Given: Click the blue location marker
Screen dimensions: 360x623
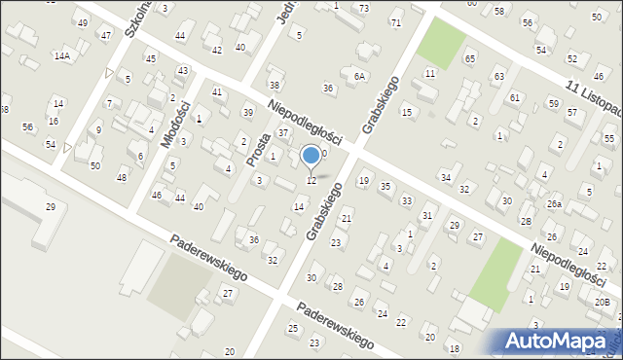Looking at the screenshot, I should pos(311,154).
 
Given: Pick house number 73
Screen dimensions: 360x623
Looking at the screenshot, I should pos(364,8).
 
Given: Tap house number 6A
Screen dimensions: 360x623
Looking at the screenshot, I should pos(359,76).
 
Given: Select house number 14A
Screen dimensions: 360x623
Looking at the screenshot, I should pos(61,56).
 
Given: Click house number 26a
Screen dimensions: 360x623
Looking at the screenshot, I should pos(554,203).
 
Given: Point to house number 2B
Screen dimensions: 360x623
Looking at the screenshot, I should pos(526,222).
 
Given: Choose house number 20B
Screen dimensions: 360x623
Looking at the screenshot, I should pos(603,303).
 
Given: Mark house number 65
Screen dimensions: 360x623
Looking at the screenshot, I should pos(470,60).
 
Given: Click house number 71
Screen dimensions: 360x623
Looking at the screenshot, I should pos(395,22).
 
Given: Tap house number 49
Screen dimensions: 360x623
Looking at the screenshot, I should pos(82,22).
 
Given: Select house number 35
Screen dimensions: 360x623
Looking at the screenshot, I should pos(385,186).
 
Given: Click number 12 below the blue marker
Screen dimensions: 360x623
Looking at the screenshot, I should pos(311,180).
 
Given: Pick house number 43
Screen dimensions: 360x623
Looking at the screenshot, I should pos(182,71).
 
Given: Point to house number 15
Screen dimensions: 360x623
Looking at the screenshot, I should pos(407,113).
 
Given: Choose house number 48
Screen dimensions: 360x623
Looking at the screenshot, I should pos(122,177).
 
